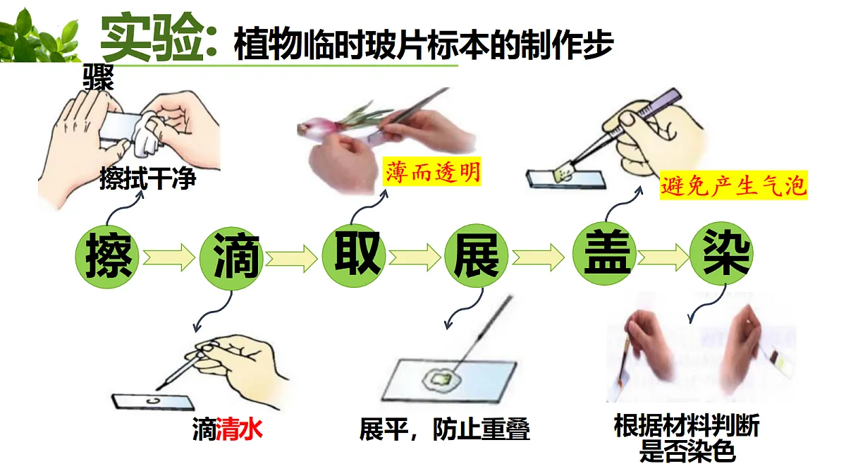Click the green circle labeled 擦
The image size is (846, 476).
107,257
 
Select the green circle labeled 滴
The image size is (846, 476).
231,258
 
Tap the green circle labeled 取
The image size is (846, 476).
354,256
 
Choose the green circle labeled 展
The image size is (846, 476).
477,257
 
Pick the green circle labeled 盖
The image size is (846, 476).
604,254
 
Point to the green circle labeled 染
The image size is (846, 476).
721,253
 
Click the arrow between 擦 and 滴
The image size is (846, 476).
168,257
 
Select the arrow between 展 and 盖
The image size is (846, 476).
538,257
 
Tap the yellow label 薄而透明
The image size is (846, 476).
431,171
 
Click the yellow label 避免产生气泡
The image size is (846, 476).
733,185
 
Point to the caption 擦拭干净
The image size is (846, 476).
147,178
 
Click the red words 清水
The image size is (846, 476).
240,429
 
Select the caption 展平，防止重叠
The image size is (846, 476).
445,429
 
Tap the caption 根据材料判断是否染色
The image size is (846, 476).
687,438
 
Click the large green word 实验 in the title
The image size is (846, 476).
152,39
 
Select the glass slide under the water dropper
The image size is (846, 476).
153,402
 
